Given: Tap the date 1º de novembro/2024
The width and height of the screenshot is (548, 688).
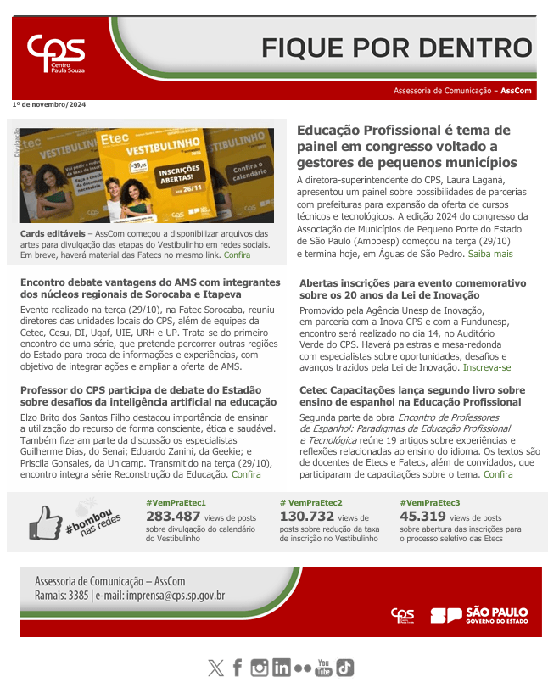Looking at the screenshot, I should pos(48,104).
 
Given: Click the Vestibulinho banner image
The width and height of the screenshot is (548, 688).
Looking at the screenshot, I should pos(147,175).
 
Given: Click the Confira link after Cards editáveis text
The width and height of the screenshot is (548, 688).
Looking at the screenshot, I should pos(237,255).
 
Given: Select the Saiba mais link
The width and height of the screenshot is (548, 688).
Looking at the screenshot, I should pos(490,254).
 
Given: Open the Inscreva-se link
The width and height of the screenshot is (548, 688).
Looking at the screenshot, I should pos(487,367).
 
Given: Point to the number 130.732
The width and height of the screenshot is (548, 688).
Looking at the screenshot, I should pos(306,516).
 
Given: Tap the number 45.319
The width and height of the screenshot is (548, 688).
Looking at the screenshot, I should pos(422,516).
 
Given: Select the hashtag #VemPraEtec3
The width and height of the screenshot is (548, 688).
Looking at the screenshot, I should pos(429,502).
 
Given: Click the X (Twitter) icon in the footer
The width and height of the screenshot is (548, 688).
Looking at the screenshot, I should pos(215,668).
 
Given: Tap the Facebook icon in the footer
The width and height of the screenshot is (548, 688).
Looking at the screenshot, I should pos(238,668).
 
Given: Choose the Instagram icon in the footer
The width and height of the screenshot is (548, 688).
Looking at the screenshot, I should pos(260,668).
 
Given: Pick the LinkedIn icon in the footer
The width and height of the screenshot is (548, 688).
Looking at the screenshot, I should pos(281,668).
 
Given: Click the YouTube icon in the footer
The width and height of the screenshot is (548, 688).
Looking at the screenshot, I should pos(323,668).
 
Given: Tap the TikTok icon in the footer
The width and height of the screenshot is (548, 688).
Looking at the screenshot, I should pos(344,668).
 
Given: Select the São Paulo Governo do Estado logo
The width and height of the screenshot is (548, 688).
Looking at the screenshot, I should pos(478,615).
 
